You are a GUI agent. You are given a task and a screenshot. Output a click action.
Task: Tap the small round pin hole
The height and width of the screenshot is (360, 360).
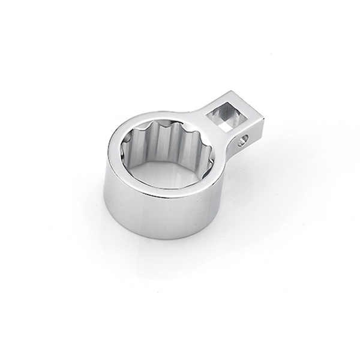(243, 142)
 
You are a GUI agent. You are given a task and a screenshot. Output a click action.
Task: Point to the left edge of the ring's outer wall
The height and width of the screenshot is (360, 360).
(105, 192)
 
